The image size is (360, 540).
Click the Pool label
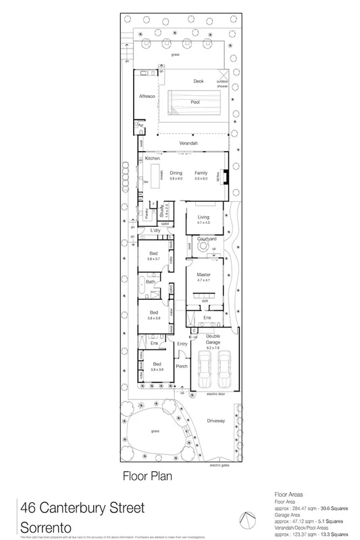195,103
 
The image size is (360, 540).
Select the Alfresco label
147,97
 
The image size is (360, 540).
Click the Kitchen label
153,158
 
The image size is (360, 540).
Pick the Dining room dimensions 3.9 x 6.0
176,178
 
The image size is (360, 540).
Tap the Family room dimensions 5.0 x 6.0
201,178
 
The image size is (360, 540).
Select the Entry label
181,344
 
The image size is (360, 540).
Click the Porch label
180,366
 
